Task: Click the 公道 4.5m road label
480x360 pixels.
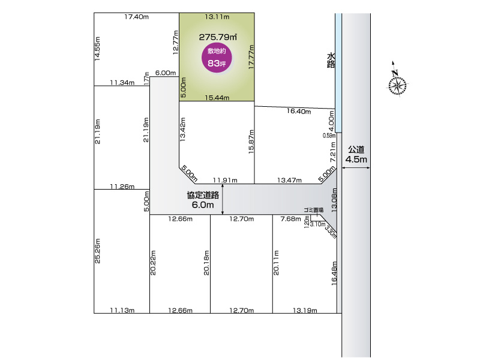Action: click(356, 155)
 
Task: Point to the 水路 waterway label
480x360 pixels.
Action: click(331, 61)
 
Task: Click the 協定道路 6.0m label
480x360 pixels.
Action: click(203, 199)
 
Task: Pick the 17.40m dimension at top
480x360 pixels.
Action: click(136, 17)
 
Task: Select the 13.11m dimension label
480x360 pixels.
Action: click(217, 17)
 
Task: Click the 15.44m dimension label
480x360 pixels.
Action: click(217, 97)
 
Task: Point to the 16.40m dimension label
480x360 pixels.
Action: click(298, 111)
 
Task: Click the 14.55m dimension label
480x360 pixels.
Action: click(98, 48)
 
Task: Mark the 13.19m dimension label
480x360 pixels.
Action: click(305, 310)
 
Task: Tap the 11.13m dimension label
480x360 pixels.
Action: click(121, 310)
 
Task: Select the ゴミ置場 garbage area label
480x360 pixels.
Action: click(313, 210)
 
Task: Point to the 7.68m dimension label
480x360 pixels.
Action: click(291, 219)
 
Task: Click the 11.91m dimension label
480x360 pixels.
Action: click(226, 180)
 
